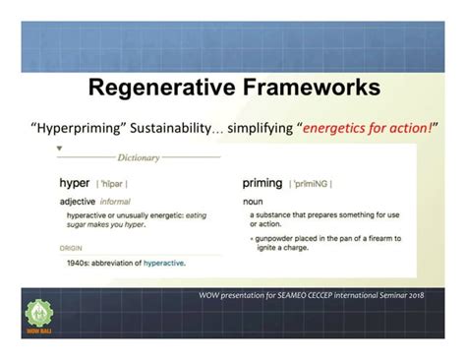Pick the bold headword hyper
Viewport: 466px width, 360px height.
(x=74, y=183)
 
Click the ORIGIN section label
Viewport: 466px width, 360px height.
(x=71, y=249)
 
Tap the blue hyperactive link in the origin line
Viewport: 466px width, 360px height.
(x=163, y=263)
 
